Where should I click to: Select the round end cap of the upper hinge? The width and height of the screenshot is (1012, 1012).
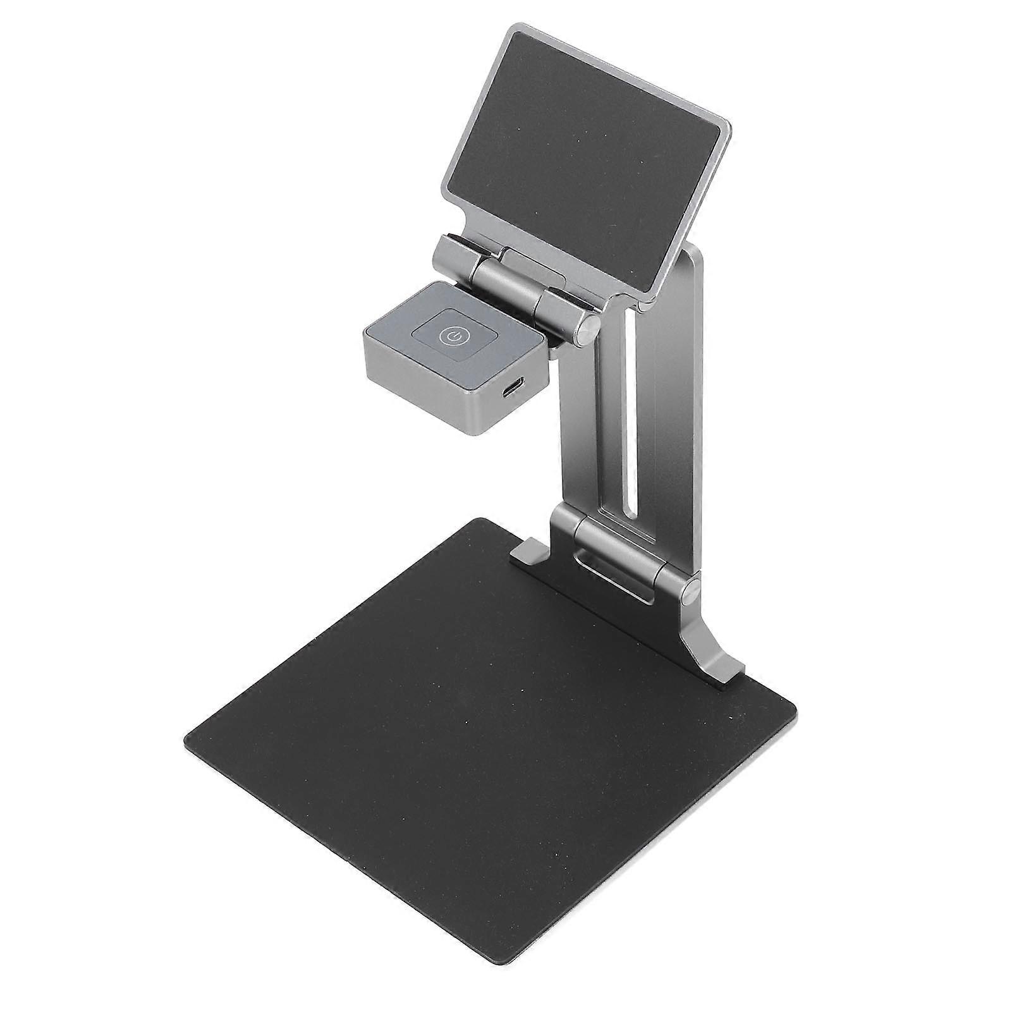pyautogui.click(x=589, y=329)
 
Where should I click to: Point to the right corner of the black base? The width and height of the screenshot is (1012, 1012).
pyautogui.click(x=795, y=707)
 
